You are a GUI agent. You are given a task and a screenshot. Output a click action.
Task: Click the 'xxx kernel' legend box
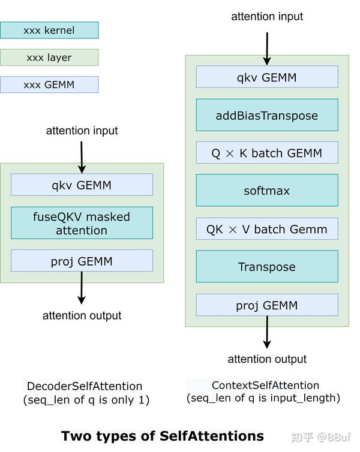49,30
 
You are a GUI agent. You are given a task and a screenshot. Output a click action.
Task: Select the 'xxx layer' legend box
49,58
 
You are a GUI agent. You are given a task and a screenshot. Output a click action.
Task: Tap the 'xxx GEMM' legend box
49,85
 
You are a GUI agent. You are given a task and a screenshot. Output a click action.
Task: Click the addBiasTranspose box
267,115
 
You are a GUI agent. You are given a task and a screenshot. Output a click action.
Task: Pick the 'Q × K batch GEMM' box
267,153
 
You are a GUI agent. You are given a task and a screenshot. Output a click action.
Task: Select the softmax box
267,191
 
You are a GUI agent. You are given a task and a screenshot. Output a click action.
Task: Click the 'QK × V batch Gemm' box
267,229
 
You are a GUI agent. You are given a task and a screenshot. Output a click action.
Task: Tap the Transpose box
267,267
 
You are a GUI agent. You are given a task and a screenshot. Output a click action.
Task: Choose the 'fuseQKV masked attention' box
82,223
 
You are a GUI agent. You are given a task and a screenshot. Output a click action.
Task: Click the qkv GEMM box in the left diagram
82,185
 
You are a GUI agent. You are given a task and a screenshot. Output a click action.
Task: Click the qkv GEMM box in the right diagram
267,77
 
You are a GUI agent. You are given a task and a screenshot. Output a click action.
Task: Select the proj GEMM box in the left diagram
82,261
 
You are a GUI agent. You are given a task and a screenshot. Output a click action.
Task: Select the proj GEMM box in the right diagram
267,305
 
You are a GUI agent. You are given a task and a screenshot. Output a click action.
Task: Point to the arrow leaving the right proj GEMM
267,333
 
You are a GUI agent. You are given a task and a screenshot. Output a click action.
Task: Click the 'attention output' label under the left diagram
82,315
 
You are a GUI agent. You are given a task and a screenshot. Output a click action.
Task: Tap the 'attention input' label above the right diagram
267,16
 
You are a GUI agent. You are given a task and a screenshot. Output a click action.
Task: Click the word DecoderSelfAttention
85,386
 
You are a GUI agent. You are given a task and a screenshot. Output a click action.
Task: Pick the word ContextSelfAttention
265,385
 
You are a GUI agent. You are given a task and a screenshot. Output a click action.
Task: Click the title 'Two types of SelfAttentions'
162,436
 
